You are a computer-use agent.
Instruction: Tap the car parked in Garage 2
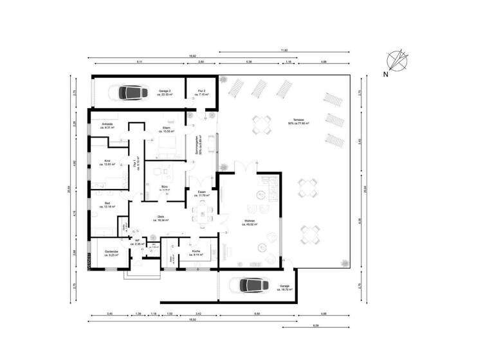coord(129,93)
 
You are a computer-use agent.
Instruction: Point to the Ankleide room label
coord(107,126)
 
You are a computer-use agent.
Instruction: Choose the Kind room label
coord(107,163)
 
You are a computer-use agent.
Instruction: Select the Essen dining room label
coord(202,194)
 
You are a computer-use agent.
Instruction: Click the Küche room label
coord(196,253)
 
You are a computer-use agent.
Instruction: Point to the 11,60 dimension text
coord(284,50)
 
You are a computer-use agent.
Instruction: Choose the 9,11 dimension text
coord(139,62)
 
